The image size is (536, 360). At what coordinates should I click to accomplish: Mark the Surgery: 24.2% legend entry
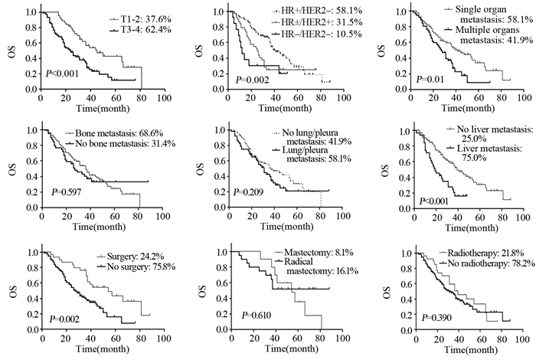click(126, 257)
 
